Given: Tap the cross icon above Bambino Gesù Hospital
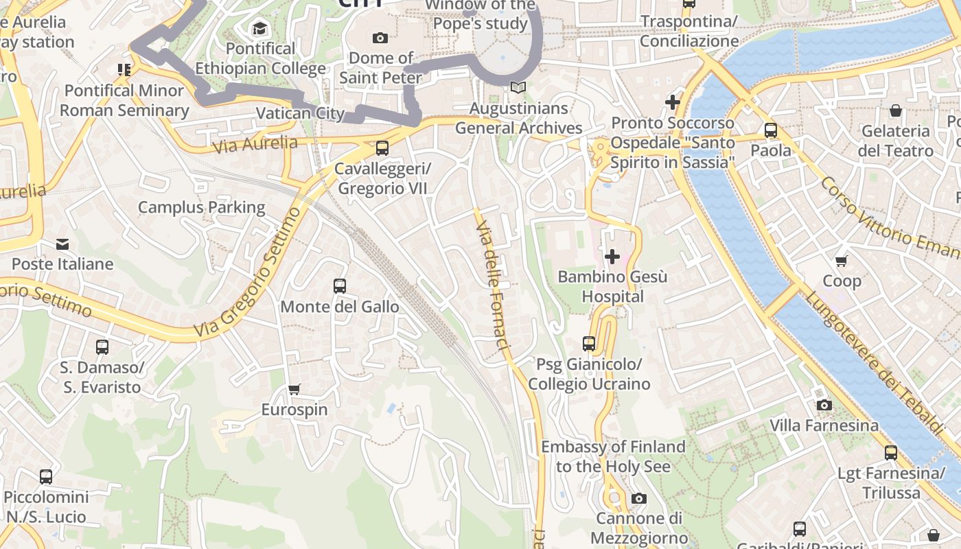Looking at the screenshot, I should (x=612, y=257).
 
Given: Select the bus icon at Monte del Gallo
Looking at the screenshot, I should (x=339, y=286).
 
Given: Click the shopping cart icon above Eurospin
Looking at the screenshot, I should (x=294, y=390).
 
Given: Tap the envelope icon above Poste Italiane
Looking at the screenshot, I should (x=62, y=244).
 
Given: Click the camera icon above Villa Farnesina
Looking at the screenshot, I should (x=824, y=405).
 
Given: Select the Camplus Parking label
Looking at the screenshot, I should (x=201, y=207).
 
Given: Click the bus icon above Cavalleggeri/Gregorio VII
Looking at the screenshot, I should (x=382, y=148).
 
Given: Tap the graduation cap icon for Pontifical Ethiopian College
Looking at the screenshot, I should (x=259, y=28).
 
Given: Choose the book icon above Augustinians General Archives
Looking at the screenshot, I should (x=518, y=88).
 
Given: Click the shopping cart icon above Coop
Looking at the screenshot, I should (x=842, y=261).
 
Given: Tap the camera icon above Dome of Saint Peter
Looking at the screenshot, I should (x=380, y=38).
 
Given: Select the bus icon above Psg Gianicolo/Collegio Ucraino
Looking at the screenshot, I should (x=589, y=343).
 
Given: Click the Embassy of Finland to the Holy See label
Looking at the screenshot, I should (x=613, y=456).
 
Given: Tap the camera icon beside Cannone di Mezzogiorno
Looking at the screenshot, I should (x=639, y=498).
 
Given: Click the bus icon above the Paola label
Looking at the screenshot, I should (x=770, y=130).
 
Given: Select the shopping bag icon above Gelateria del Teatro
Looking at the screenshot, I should (x=896, y=110).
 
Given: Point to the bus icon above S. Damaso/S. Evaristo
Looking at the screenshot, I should (x=102, y=347).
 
